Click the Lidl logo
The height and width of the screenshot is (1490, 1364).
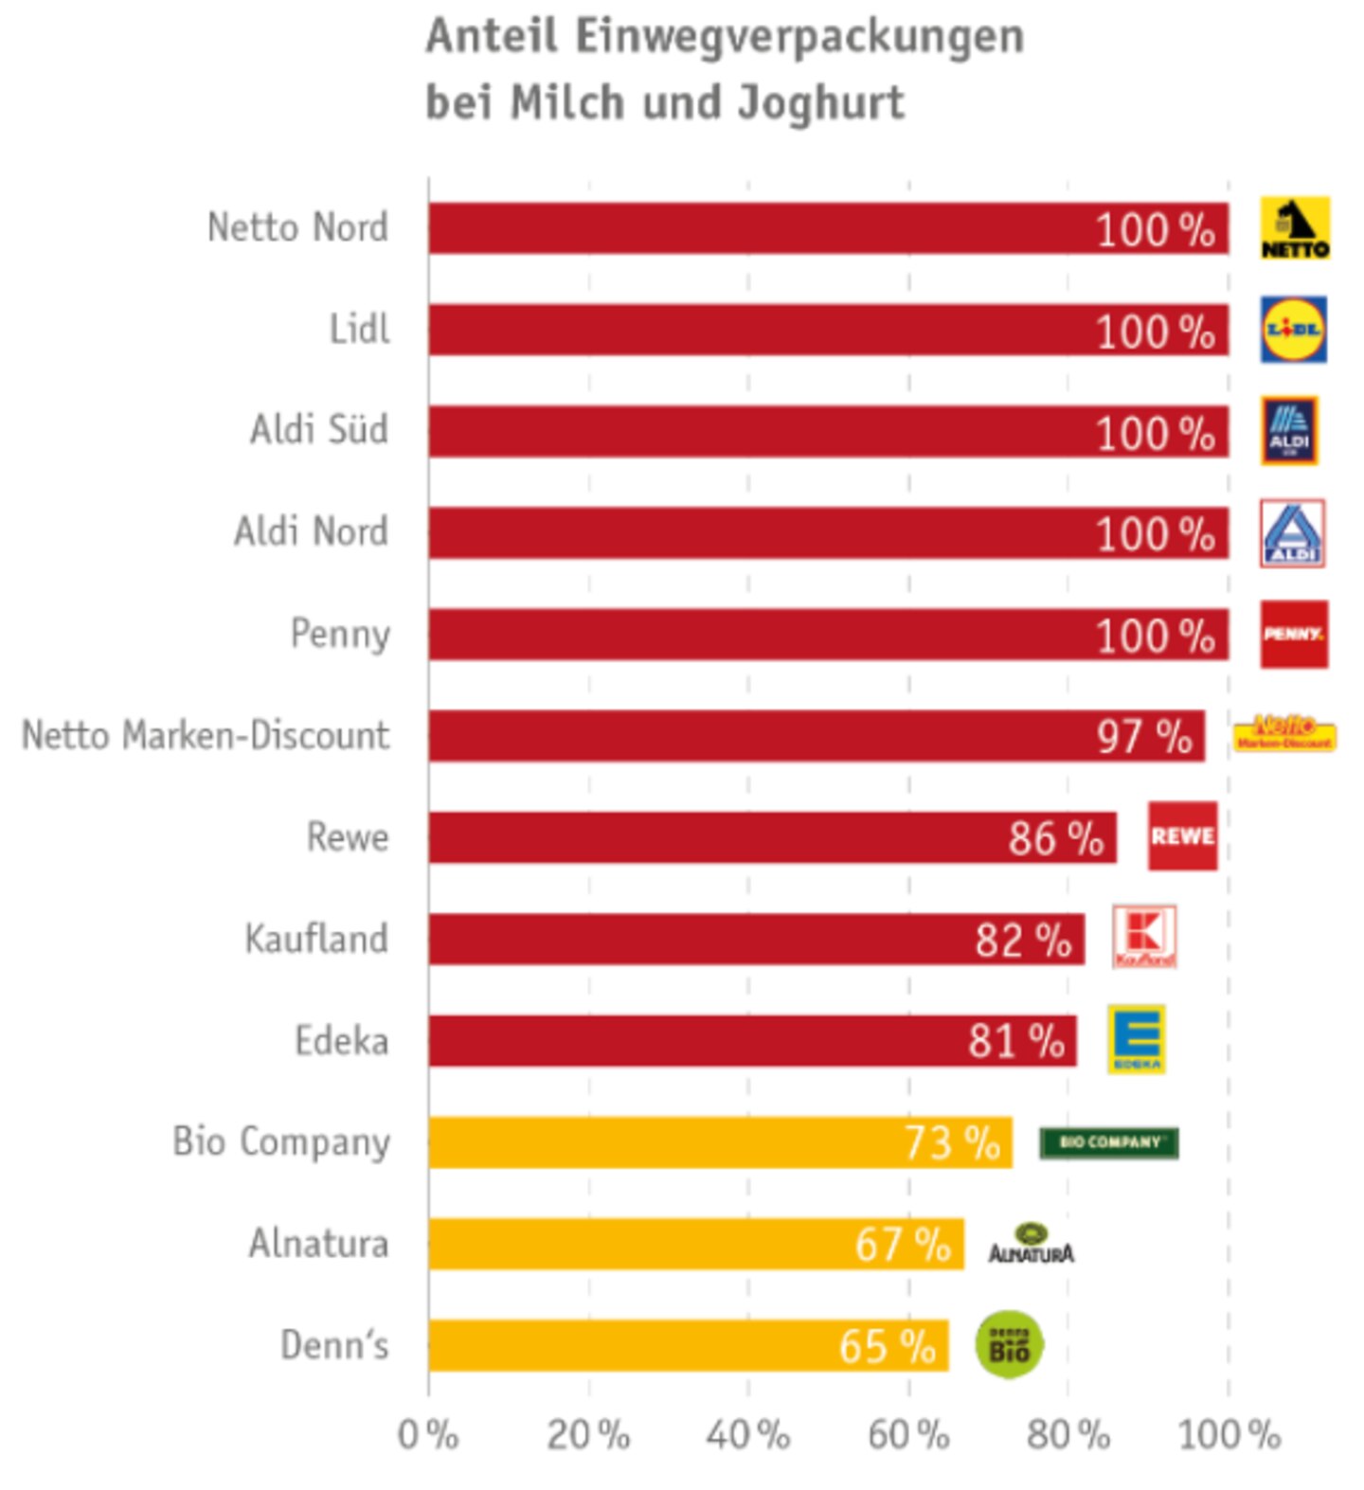coord(1293,330)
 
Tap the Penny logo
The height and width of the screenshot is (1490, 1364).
coord(1294,634)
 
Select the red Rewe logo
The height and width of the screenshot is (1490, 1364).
coord(1182,835)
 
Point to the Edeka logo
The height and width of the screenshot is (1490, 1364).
coord(1137,1039)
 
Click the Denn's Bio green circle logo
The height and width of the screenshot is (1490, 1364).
coord(1009,1344)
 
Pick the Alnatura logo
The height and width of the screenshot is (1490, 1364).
coord(1031,1244)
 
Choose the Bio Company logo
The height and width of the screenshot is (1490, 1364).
coord(1108,1142)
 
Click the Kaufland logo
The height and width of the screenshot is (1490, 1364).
coord(1144,936)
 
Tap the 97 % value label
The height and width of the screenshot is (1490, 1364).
coord(1144,736)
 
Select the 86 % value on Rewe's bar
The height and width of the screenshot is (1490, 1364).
coord(1055,838)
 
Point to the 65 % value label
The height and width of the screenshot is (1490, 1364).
coord(887,1346)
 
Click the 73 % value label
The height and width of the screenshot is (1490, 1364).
coord(952,1142)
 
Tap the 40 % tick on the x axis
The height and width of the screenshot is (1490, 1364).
coord(748,1435)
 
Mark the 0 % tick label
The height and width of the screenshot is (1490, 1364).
coord(428,1435)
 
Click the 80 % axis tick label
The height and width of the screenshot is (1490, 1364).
coord(1068,1435)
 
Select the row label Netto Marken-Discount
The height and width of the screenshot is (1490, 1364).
coord(206,735)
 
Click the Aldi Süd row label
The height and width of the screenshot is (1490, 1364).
coord(319,429)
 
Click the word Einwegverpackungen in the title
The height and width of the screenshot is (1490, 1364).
coord(799,37)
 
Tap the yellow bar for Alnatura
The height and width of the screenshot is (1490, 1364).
coord(696,1244)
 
